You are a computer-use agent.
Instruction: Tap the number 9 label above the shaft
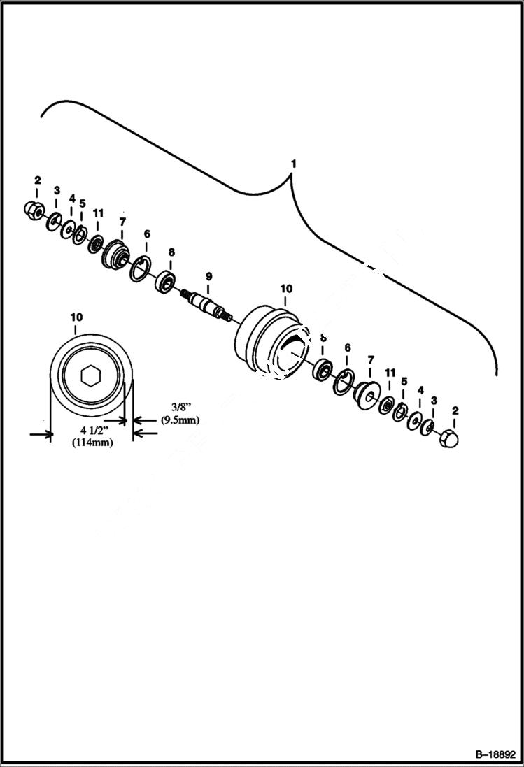[x=207, y=275]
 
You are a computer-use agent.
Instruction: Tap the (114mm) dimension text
[x=92, y=443]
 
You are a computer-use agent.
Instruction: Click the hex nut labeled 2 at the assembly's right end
[x=449, y=440]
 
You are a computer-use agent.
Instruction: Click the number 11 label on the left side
[x=97, y=212]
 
